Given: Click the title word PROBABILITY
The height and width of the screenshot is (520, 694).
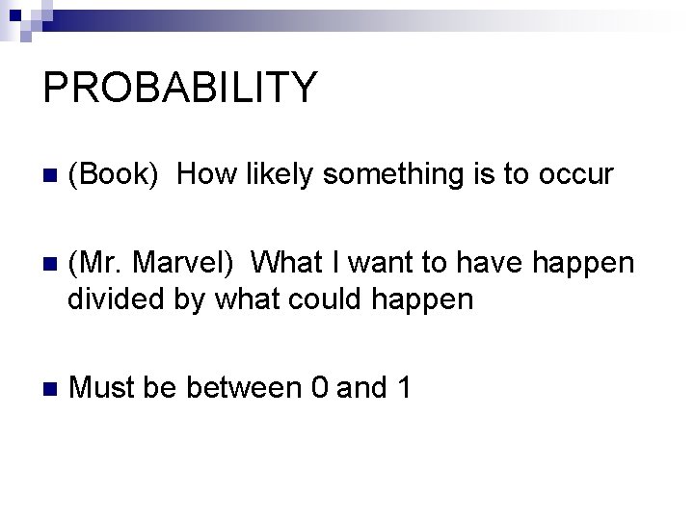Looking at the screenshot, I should point(180,88).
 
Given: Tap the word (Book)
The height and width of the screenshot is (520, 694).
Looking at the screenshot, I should point(114,174).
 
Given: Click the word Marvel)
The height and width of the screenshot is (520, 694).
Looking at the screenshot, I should point(182,263).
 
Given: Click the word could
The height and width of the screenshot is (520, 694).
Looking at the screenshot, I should point(311,299).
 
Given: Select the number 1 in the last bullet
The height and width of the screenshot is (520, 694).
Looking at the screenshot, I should point(404,388).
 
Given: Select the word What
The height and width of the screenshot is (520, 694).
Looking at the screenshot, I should point(292,263).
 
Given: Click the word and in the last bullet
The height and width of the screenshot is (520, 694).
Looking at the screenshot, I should point(362,388).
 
